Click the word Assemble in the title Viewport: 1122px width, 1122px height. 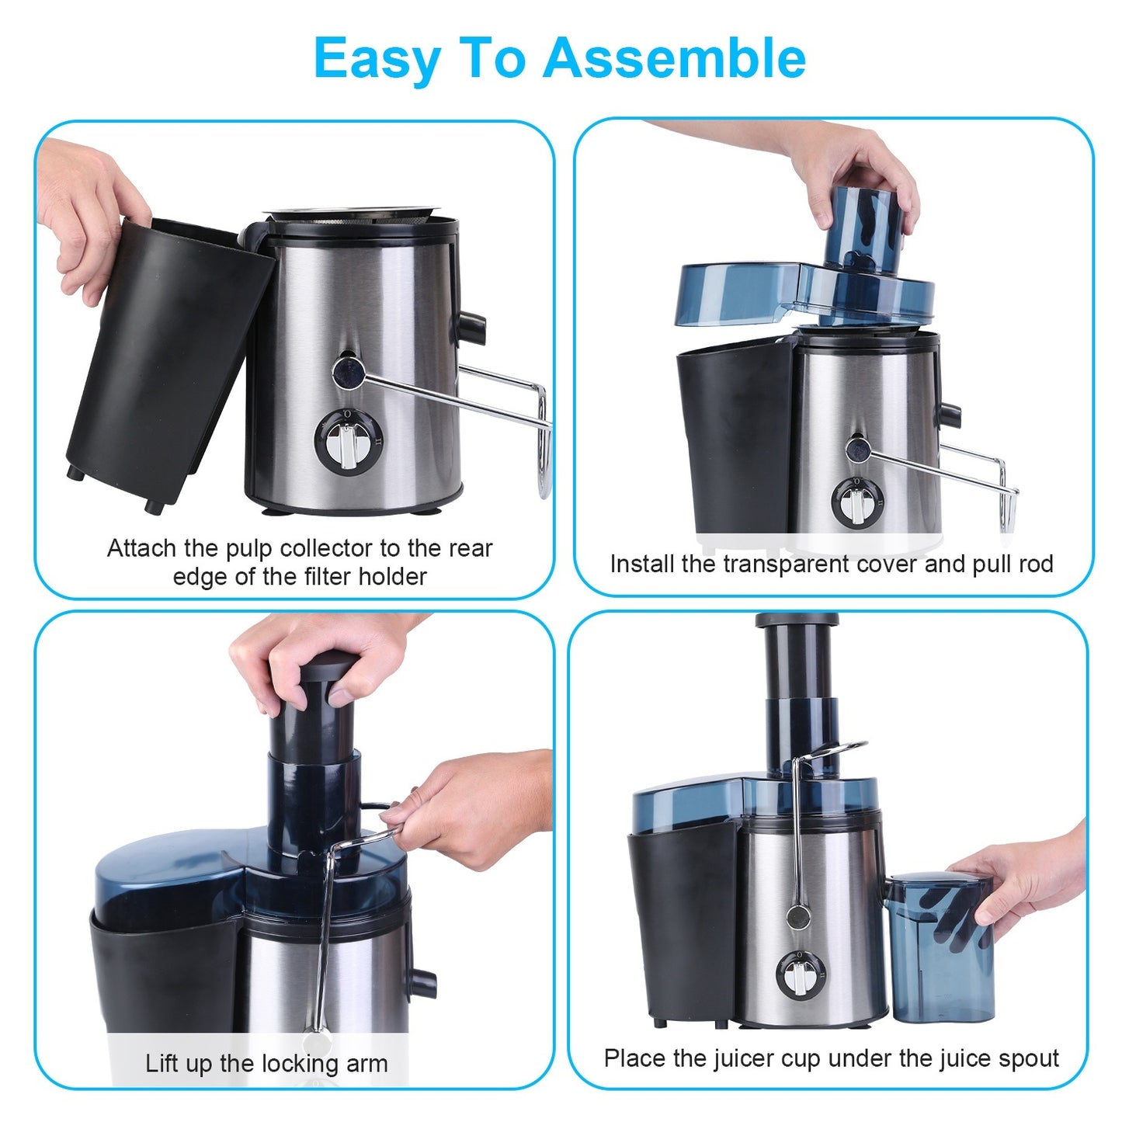click(x=674, y=58)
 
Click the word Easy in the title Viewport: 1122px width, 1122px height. click(x=378, y=60)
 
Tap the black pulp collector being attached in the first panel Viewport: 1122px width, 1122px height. click(x=167, y=357)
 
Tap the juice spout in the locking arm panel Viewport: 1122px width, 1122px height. click(x=423, y=981)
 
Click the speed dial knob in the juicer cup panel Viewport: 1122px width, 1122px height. click(x=796, y=974)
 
